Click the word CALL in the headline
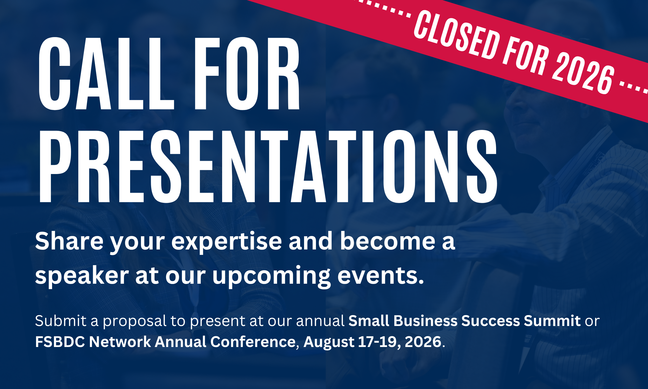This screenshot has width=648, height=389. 106,74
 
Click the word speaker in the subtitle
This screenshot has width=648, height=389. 82,276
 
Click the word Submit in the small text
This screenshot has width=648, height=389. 61,321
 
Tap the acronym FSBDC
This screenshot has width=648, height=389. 60,342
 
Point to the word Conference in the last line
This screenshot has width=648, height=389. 253,342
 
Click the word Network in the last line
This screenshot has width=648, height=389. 120,342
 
